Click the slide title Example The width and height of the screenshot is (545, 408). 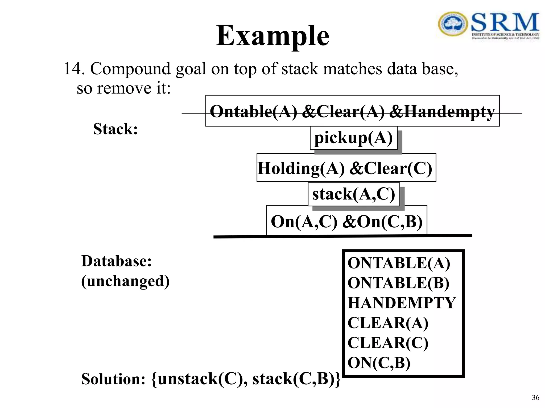tap(272, 36)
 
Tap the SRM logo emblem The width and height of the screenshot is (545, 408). tap(453, 24)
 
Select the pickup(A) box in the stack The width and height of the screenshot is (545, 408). tap(353, 138)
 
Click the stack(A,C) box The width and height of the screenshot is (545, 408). tap(354, 194)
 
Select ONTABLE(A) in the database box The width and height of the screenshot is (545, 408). tap(399, 263)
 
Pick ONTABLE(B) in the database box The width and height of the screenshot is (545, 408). tap(398, 283)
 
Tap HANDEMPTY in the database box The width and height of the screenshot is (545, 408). tap(402, 303)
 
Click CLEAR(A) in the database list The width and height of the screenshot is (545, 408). tap(388, 323)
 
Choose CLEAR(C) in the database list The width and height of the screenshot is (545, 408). tap(388, 343)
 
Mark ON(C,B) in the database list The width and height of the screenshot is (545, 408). tap(379, 363)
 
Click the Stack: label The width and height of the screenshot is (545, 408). tap(115, 129)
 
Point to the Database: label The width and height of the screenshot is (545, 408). tap(116, 261)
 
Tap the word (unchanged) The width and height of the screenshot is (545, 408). tap(125, 281)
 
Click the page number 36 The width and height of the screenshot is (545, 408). tap(535, 397)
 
